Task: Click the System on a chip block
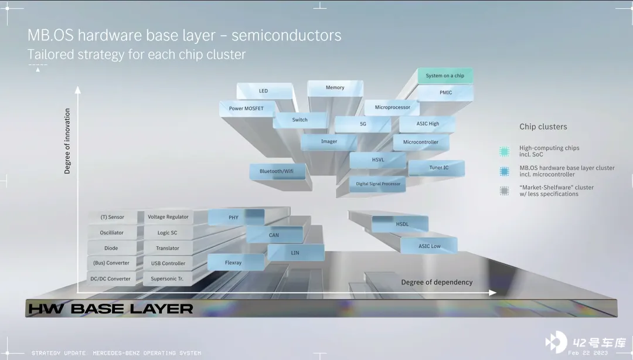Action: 445,76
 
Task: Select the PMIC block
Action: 445,93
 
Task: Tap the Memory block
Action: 335,88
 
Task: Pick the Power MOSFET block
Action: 246,108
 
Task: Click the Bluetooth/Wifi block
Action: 277,172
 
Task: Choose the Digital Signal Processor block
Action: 378,184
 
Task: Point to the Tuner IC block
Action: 438,168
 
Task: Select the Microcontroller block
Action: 421,142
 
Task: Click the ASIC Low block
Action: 429,246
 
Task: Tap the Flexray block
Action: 233,263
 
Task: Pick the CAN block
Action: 274,236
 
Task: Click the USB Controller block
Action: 168,264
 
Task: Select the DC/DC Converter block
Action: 110,279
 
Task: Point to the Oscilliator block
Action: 112,233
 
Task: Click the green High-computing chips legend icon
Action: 504,151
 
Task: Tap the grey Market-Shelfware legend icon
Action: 504,191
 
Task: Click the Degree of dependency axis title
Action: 437,283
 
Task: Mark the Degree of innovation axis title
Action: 67,141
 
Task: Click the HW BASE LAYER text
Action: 111,309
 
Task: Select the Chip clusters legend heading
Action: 543,127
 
